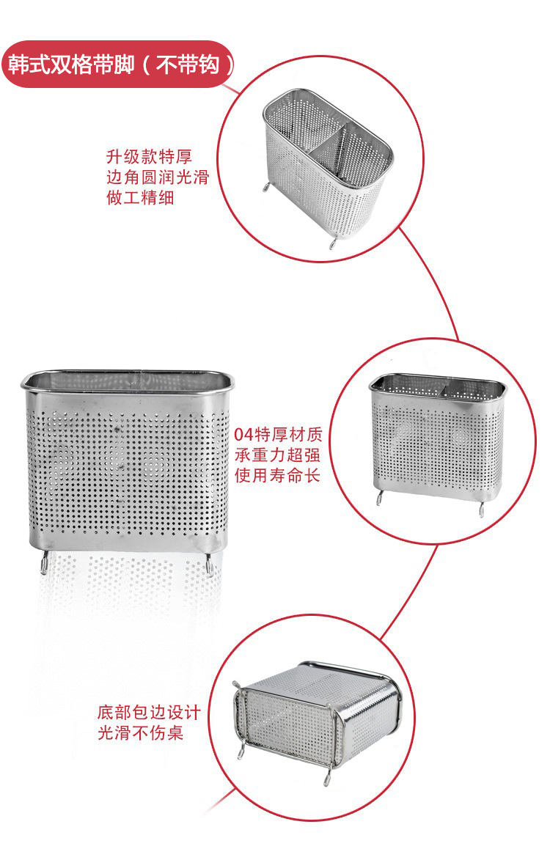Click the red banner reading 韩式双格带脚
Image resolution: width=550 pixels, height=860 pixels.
pyautogui.click(x=119, y=65)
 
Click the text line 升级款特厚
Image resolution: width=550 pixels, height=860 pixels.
pyautogui.click(x=149, y=157)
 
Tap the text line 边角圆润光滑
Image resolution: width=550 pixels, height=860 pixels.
pyautogui.click(x=158, y=177)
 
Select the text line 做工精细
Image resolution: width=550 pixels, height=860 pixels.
pyautogui.click(x=140, y=197)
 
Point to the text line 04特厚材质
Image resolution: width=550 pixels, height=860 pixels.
pyautogui.click(x=278, y=435)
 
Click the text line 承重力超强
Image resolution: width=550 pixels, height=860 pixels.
pyautogui.click(x=277, y=455)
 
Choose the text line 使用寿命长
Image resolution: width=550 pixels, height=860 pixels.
pyautogui.click(x=277, y=476)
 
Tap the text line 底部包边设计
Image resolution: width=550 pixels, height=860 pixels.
pyautogui.click(x=149, y=713)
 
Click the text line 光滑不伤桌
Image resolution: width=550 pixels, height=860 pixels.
pyautogui.click(x=140, y=732)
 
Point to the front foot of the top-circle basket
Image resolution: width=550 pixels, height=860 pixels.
pyautogui.click(x=332, y=242)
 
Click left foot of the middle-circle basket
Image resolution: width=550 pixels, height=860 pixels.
pyautogui.click(x=379, y=498)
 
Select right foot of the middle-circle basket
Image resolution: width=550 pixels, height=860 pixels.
pyautogui.click(x=482, y=508)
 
